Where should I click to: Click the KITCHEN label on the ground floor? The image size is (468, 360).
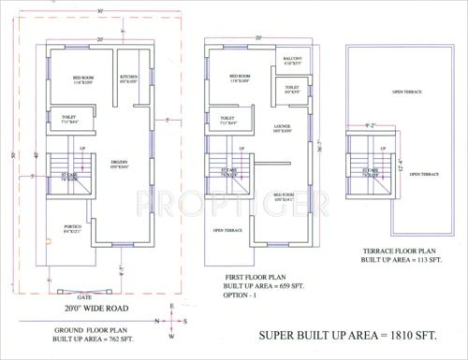coord(128,77)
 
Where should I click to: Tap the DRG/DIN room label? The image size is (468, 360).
coord(118,162)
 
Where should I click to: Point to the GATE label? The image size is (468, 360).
coord(99,292)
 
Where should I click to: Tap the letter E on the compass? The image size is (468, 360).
coord(170,308)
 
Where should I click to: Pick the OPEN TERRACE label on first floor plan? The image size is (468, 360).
coord(229,230)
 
